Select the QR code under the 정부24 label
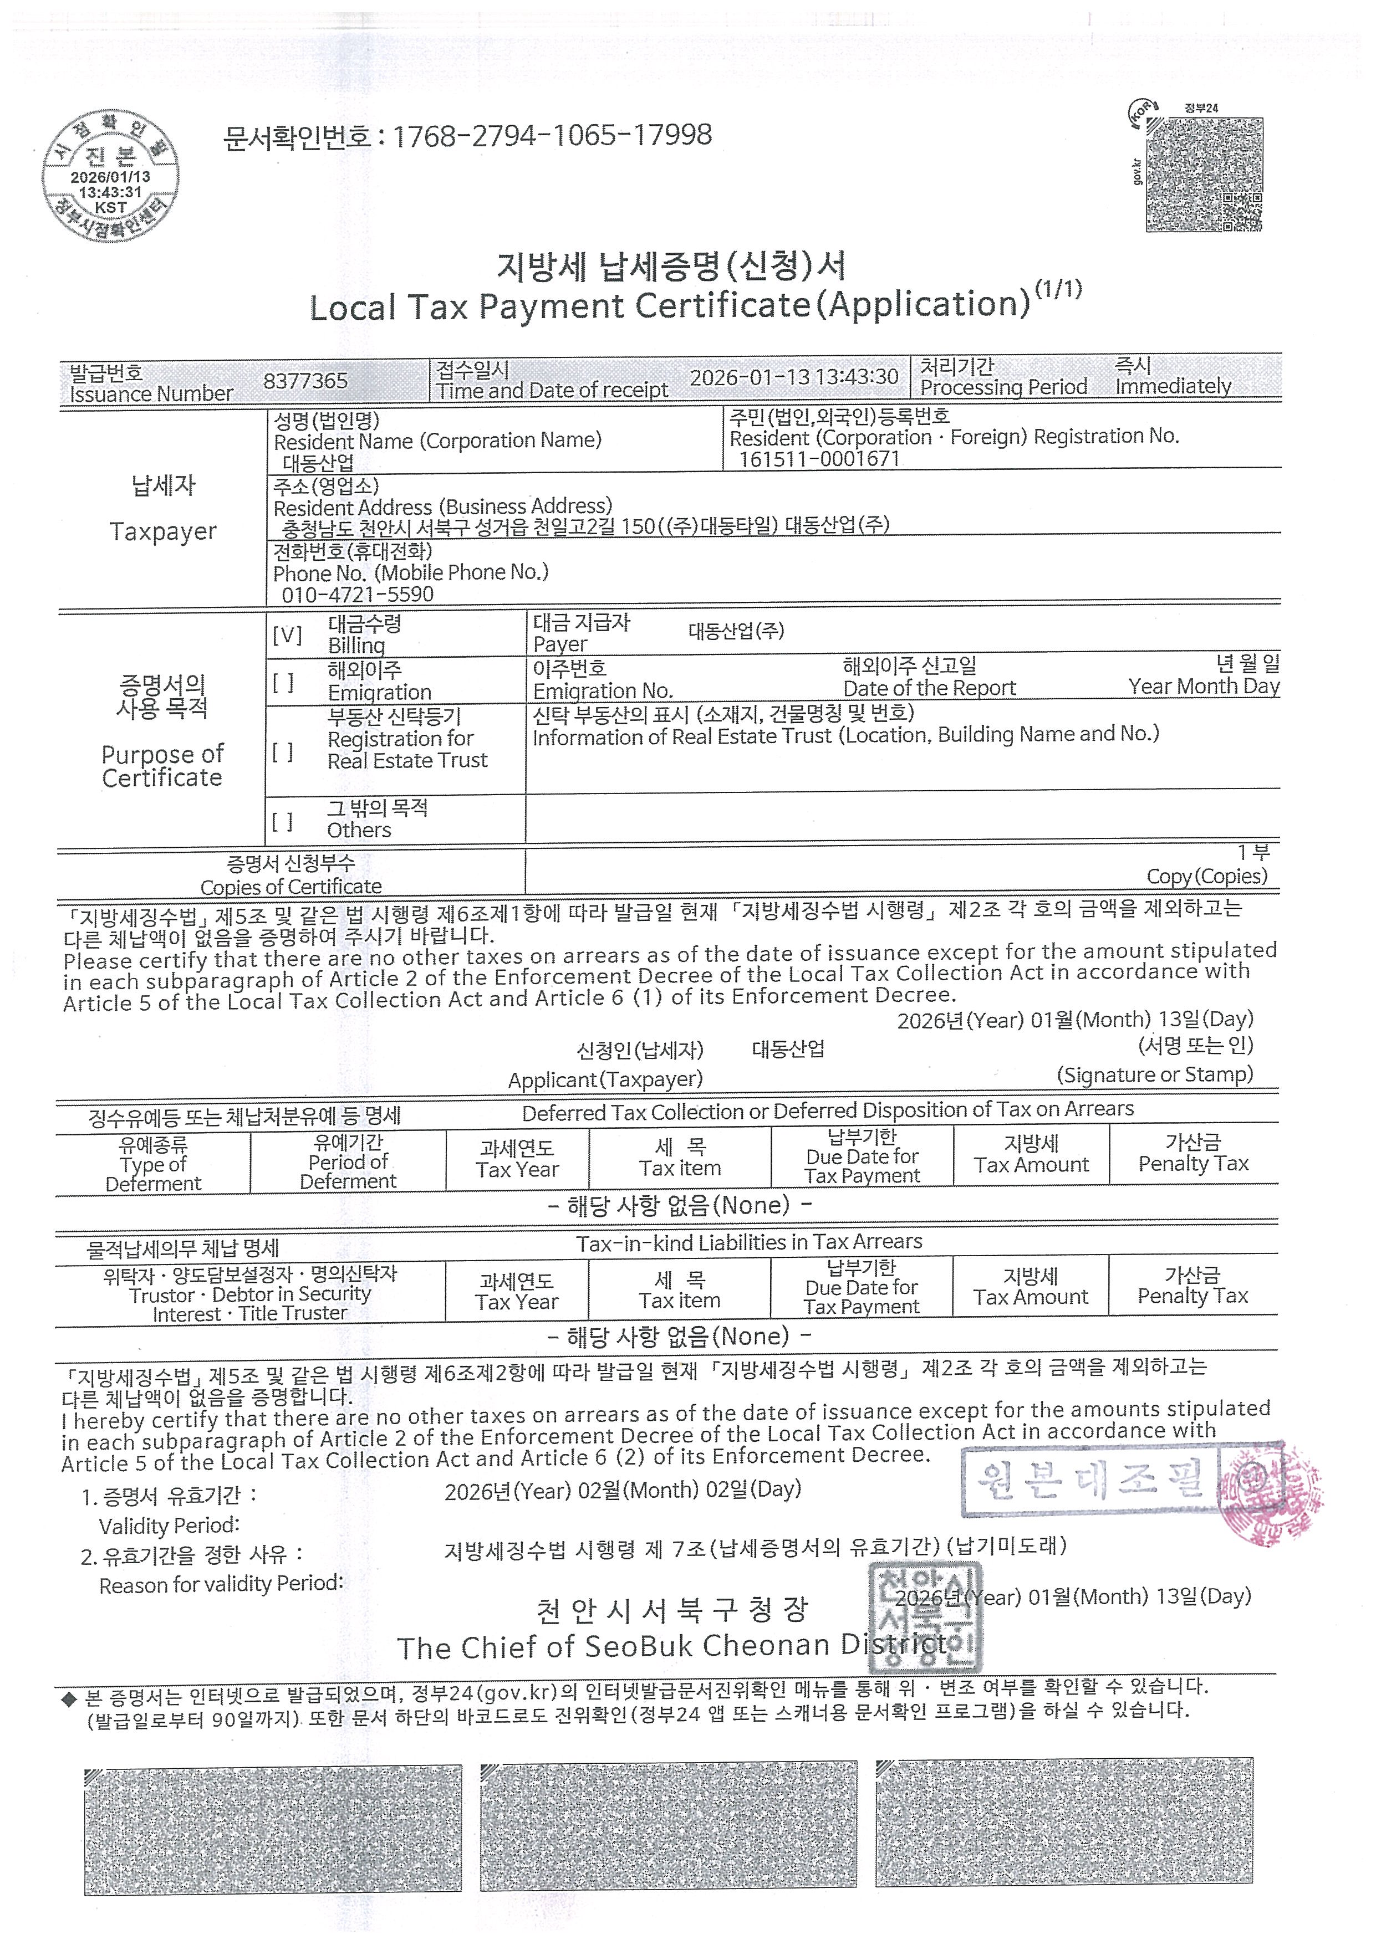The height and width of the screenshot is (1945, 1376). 1203,175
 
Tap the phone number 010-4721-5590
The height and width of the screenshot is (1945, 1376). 358,594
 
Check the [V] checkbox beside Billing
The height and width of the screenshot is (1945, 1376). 287,634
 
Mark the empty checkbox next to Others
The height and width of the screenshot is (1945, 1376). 283,820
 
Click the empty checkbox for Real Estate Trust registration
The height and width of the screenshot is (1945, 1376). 283,751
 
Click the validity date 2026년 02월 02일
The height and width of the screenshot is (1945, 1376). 623,1490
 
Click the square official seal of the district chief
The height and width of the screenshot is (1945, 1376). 925,1618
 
